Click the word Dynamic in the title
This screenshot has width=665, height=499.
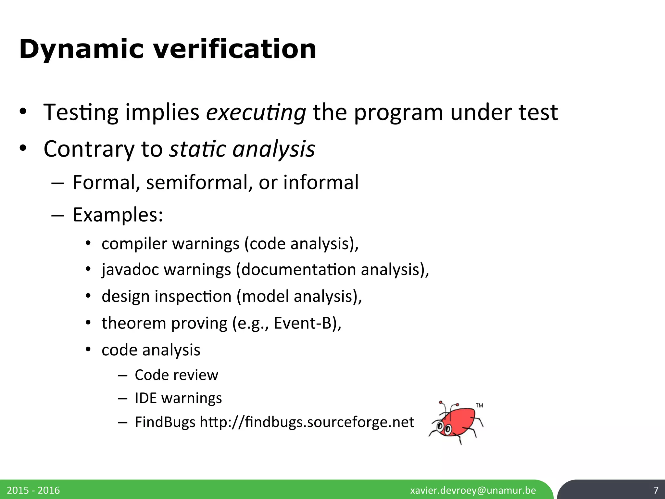(81, 49)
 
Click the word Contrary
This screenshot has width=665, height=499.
(89, 149)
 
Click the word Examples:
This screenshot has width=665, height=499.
(118, 215)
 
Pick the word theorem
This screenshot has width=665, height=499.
(134, 323)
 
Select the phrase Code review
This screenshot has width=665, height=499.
(176, 375)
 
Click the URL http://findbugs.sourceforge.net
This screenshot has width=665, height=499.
(307, 422)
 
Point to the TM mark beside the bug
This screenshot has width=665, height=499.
(479, 405)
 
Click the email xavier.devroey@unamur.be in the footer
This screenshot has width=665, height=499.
(473, 490)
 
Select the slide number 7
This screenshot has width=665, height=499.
(656, 490)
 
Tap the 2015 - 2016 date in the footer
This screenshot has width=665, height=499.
(33, 490)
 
